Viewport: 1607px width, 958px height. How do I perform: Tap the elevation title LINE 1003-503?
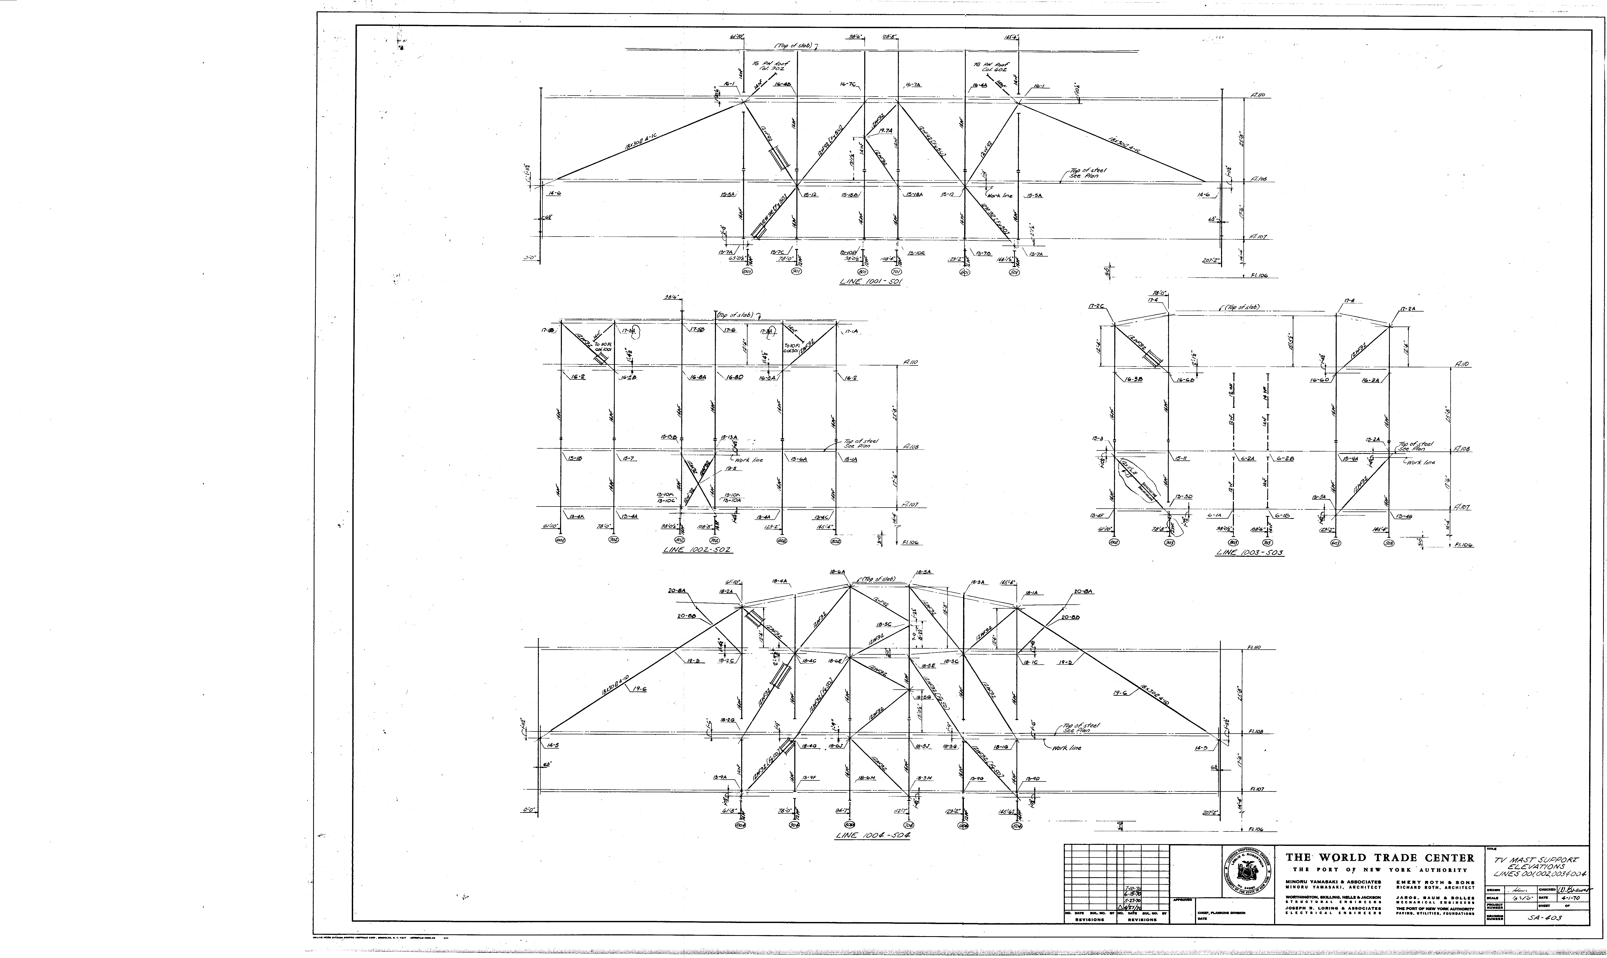[1249, 553]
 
